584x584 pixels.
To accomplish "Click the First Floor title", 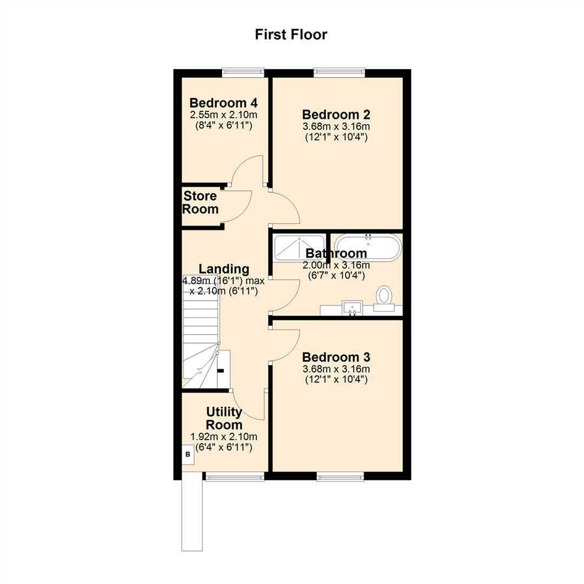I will coord(291,35).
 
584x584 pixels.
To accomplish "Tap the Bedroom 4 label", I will coord(223,103).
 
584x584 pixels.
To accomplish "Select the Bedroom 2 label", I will coord(336,115).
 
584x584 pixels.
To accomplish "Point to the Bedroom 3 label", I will coord(336,357).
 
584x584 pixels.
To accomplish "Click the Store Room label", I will coord(200,202).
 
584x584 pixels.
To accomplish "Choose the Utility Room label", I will coord(223,418).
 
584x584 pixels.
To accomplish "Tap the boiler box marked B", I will coord(188,455).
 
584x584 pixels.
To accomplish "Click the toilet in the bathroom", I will coord(384,296).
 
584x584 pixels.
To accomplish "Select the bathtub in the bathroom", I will coord(367,248).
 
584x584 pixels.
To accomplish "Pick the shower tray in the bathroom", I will coord(299,248).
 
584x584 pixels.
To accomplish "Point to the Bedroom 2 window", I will coord(339,72).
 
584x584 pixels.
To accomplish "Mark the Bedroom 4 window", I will coord(243,72).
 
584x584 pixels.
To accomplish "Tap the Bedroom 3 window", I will coord(340,476).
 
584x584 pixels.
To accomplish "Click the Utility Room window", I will coord(234,476).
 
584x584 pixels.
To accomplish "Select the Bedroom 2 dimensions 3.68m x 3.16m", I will coord(336,127).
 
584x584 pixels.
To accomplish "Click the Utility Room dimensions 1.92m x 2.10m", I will coord(223,437).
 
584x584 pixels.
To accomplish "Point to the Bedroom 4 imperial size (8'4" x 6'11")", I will coord(223,125).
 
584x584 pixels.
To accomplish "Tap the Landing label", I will coord(224,269).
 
